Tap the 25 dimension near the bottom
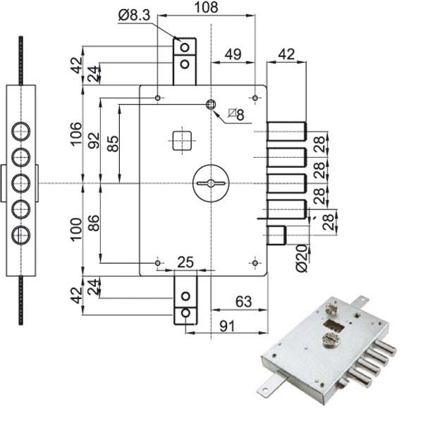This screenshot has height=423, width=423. (185, 262)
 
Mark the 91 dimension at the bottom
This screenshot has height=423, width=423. (226, 326)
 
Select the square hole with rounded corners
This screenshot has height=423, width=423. (182, 140)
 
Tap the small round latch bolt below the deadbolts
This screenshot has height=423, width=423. (276, 235)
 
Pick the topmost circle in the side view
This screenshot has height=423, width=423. (22, 131)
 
